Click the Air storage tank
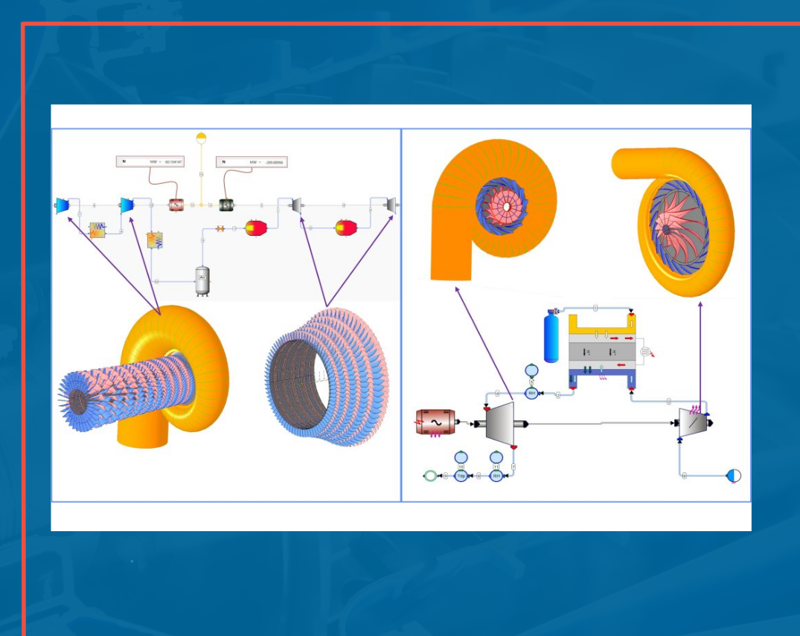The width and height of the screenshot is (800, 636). coord(202,280)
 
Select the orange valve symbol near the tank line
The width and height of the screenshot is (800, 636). coord(220,229)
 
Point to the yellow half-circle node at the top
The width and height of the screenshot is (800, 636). coord(201,138)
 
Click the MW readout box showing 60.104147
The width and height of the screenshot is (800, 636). coord(150,161)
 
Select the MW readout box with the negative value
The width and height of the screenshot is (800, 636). coord(251,162)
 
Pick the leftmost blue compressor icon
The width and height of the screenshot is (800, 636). coord(63,205)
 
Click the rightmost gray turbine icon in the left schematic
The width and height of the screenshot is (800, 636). coord(389,204)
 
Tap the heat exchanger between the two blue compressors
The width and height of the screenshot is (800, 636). coord(97,230)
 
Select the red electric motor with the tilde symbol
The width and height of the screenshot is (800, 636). coord(434,422)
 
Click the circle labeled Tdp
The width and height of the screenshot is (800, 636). coord(461,475)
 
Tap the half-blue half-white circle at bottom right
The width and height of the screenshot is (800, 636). coord(734,475)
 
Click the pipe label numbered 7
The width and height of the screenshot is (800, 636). coord(514,467)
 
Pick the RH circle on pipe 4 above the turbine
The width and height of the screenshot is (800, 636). coord(531,393)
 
